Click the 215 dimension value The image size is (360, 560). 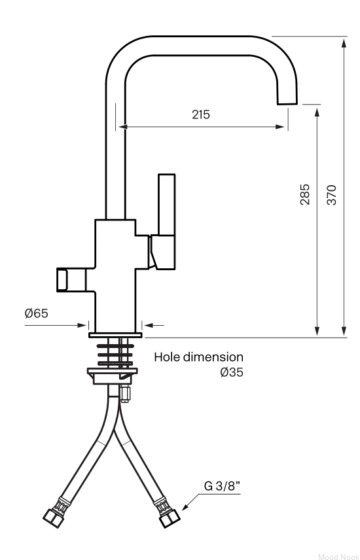[201, 114]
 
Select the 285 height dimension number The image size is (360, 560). [304, 194]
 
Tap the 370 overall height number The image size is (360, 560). [332, 195]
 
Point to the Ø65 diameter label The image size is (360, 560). [36, 313]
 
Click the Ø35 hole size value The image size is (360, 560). [232, 372]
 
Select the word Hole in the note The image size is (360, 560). [167, 357]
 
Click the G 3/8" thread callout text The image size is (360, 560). [222, 486]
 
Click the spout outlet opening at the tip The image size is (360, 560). [287, 104]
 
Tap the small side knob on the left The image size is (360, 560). [71, 280]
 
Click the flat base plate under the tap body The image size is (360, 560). [115, 335]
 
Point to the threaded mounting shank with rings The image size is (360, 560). [115, 353]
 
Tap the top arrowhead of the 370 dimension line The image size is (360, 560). [344, 44]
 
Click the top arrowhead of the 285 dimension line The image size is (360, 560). [317, 113]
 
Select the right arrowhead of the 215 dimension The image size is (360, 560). [280, 126]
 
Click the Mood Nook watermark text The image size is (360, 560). [338, 557]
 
